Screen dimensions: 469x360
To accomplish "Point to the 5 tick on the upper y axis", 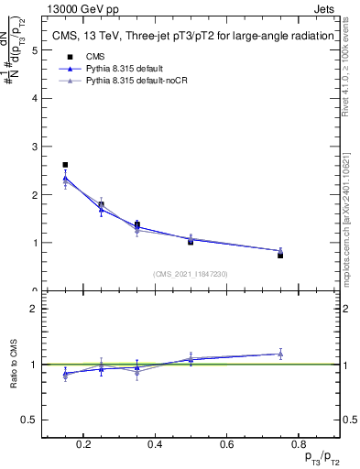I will coord(34,50).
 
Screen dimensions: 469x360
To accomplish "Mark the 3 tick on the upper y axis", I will coord(34,147).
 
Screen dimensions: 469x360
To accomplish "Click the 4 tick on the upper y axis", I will coord(34,98).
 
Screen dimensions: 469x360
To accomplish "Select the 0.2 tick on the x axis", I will coord(83,446).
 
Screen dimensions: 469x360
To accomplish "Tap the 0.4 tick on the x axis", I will coord(155,446).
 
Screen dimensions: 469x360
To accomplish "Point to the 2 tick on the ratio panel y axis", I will coord(34,309).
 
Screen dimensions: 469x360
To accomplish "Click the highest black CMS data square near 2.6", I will coord(65,165).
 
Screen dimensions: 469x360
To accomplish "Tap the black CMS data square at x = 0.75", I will coord(280,256).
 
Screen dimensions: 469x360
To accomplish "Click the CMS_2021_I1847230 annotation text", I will coord(191,274).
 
